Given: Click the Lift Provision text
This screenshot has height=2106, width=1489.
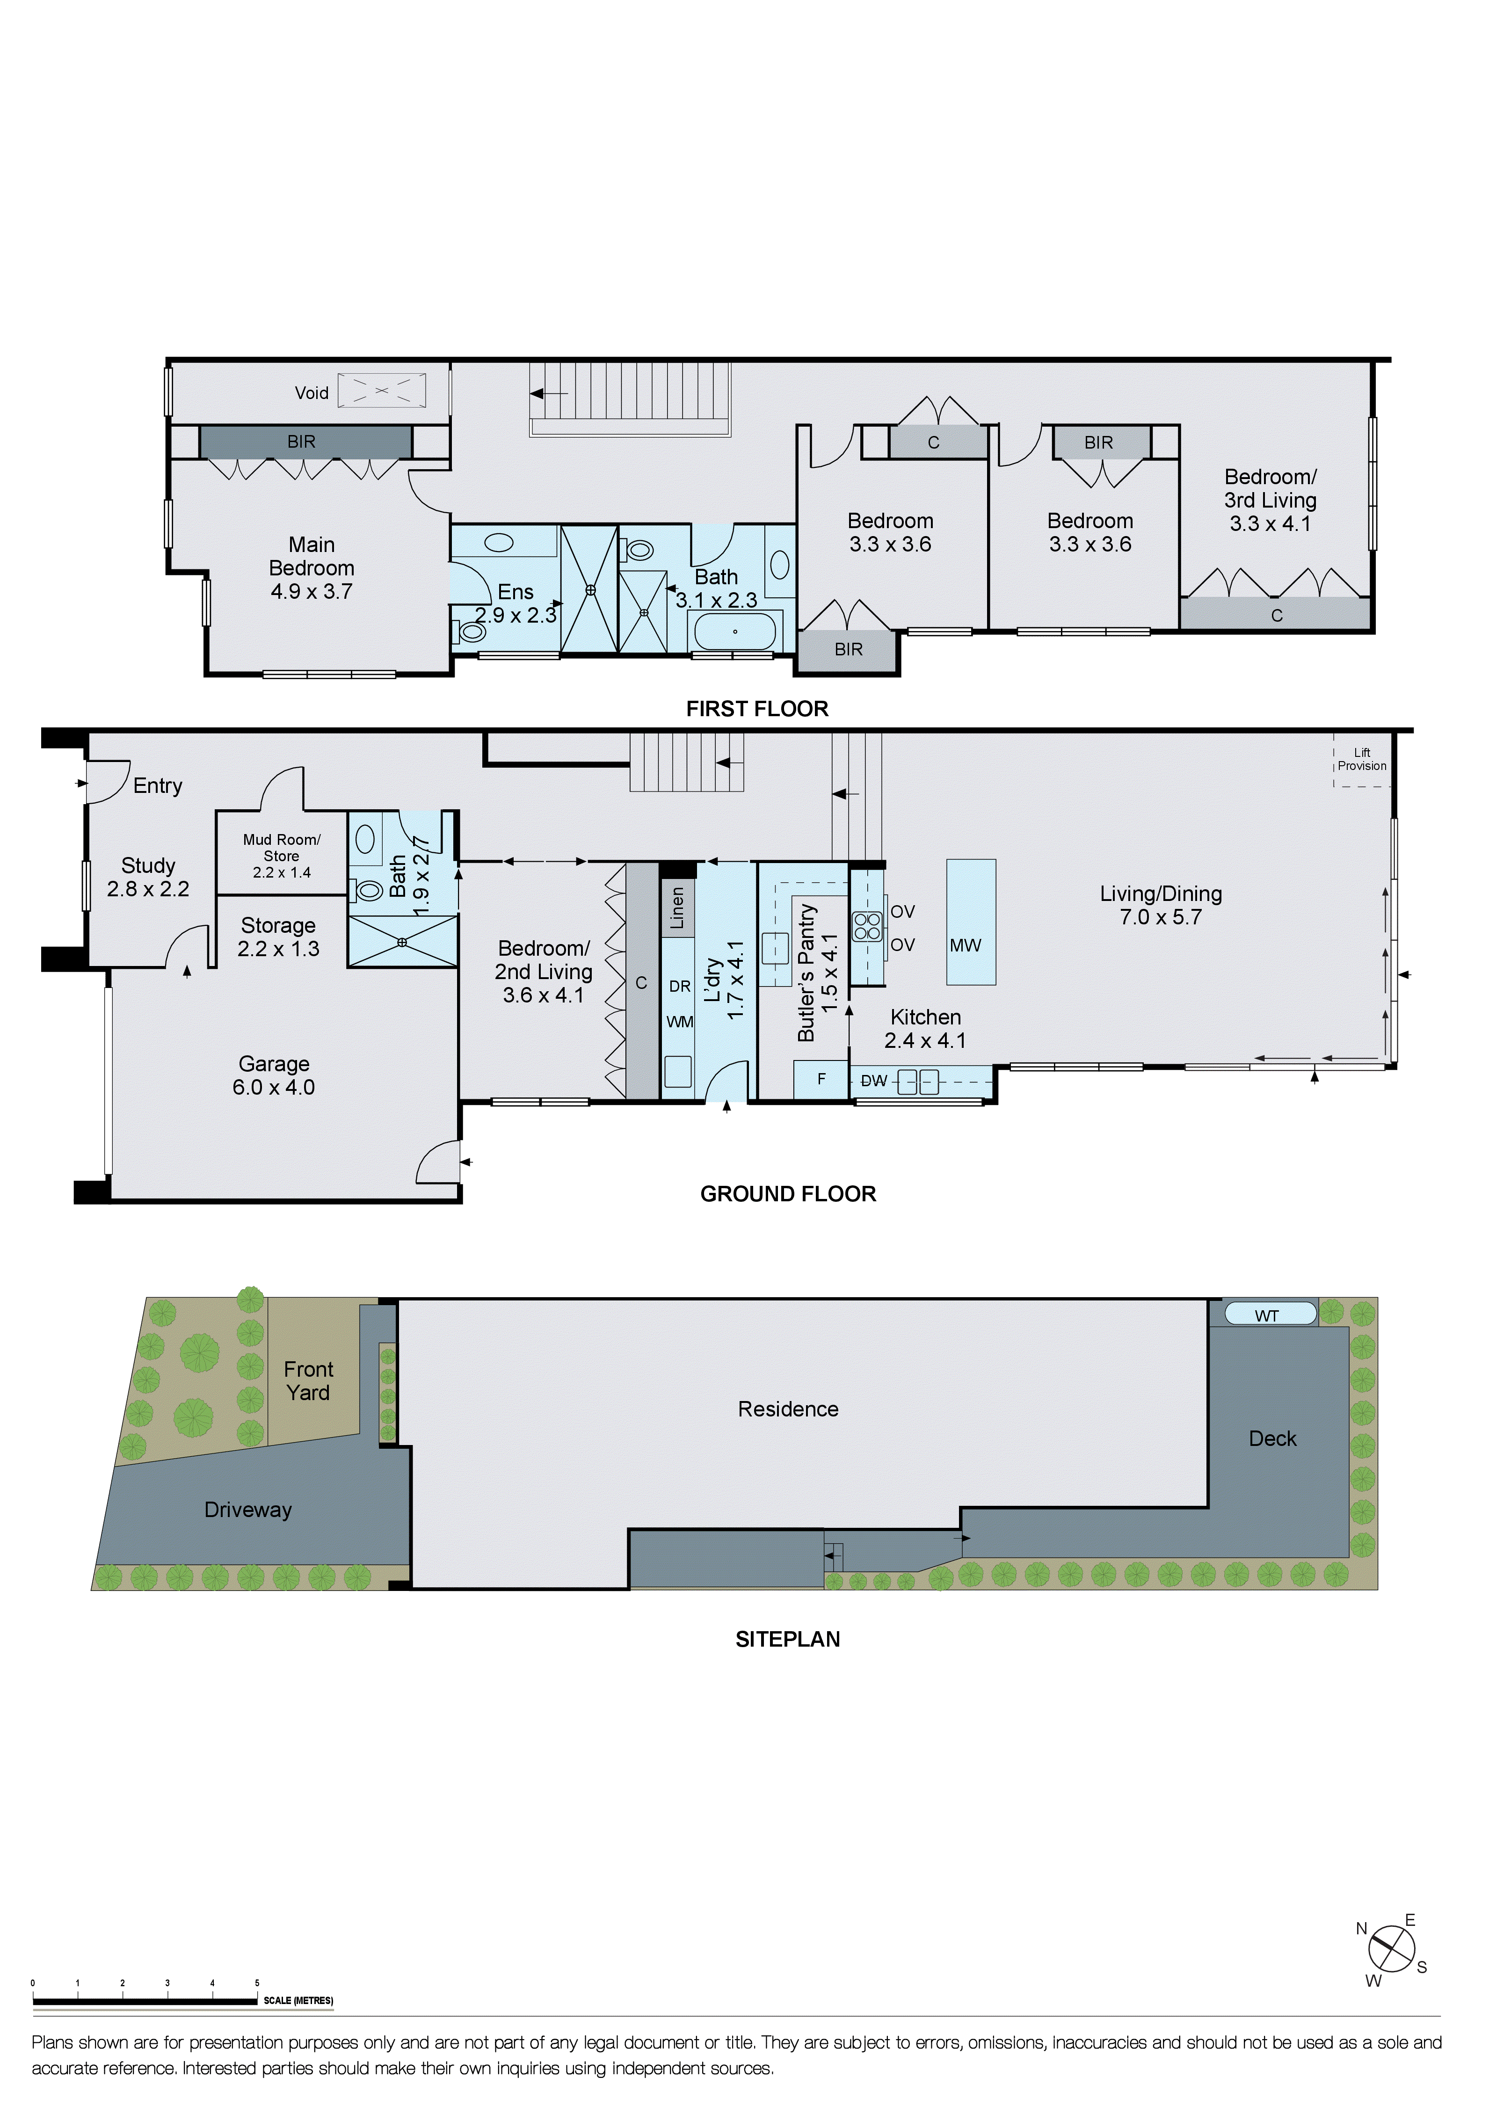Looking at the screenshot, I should click(x=1361, y=760).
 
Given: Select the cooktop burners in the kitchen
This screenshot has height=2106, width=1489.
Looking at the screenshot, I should click(x=867, y=926).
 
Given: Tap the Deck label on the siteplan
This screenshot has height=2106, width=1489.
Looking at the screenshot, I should click(x=1272, y=1438).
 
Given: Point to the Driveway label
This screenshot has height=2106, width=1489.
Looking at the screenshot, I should click(x=248, y=1510).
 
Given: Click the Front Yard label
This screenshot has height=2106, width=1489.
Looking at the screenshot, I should click(x=308, y=1380).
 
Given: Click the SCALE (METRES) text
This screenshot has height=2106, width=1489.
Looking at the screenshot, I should click(x=298, y=2001).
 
